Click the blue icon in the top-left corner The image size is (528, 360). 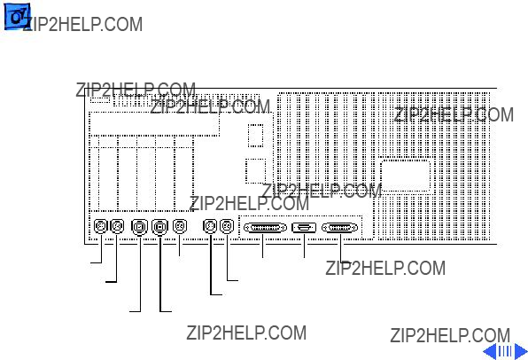pos(17,16)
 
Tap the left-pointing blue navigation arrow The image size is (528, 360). pos(490,351)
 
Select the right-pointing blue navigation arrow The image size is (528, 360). pos(521,351)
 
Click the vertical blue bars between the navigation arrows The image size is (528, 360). pos(505,351)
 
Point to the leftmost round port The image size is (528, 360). pos(100,226)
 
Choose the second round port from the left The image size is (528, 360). pos(117,226)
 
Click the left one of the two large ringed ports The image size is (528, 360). pos(139,227)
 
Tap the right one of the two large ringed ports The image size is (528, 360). pos(159,227)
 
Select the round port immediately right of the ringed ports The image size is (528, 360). pos(180,226)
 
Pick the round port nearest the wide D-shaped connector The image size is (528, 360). pos(227,226)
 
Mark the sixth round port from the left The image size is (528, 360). pos(210,226)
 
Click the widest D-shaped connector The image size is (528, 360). pos(265,228)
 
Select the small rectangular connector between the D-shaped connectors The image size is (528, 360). pos(304,228)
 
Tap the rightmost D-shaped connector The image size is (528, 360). pos(340,228)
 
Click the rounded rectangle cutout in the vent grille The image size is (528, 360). pos(406,176)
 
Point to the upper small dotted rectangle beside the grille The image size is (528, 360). pos(255,135)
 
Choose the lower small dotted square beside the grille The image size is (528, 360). pos(255,171)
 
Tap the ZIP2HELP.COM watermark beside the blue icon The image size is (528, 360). pos(83,24)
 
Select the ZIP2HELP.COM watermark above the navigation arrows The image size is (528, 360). pos(450,335)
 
